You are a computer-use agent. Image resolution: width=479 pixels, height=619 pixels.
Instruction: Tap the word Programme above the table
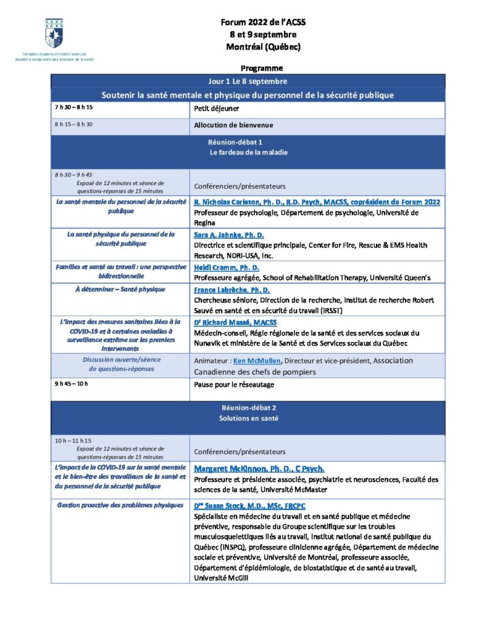click(261, 68)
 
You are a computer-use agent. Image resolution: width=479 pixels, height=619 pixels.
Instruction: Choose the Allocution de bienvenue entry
click(233, 126)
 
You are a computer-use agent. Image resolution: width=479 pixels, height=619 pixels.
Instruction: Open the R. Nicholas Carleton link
click(317, 203)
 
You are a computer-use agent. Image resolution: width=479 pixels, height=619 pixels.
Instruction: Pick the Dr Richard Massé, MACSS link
click(235, 323)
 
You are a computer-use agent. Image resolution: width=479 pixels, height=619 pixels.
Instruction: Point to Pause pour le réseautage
click(234, 384)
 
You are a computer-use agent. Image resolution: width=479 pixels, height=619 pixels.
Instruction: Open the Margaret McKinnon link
click(259, 468)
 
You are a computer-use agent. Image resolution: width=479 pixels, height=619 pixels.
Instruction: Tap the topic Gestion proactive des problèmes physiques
click(120, 505)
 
